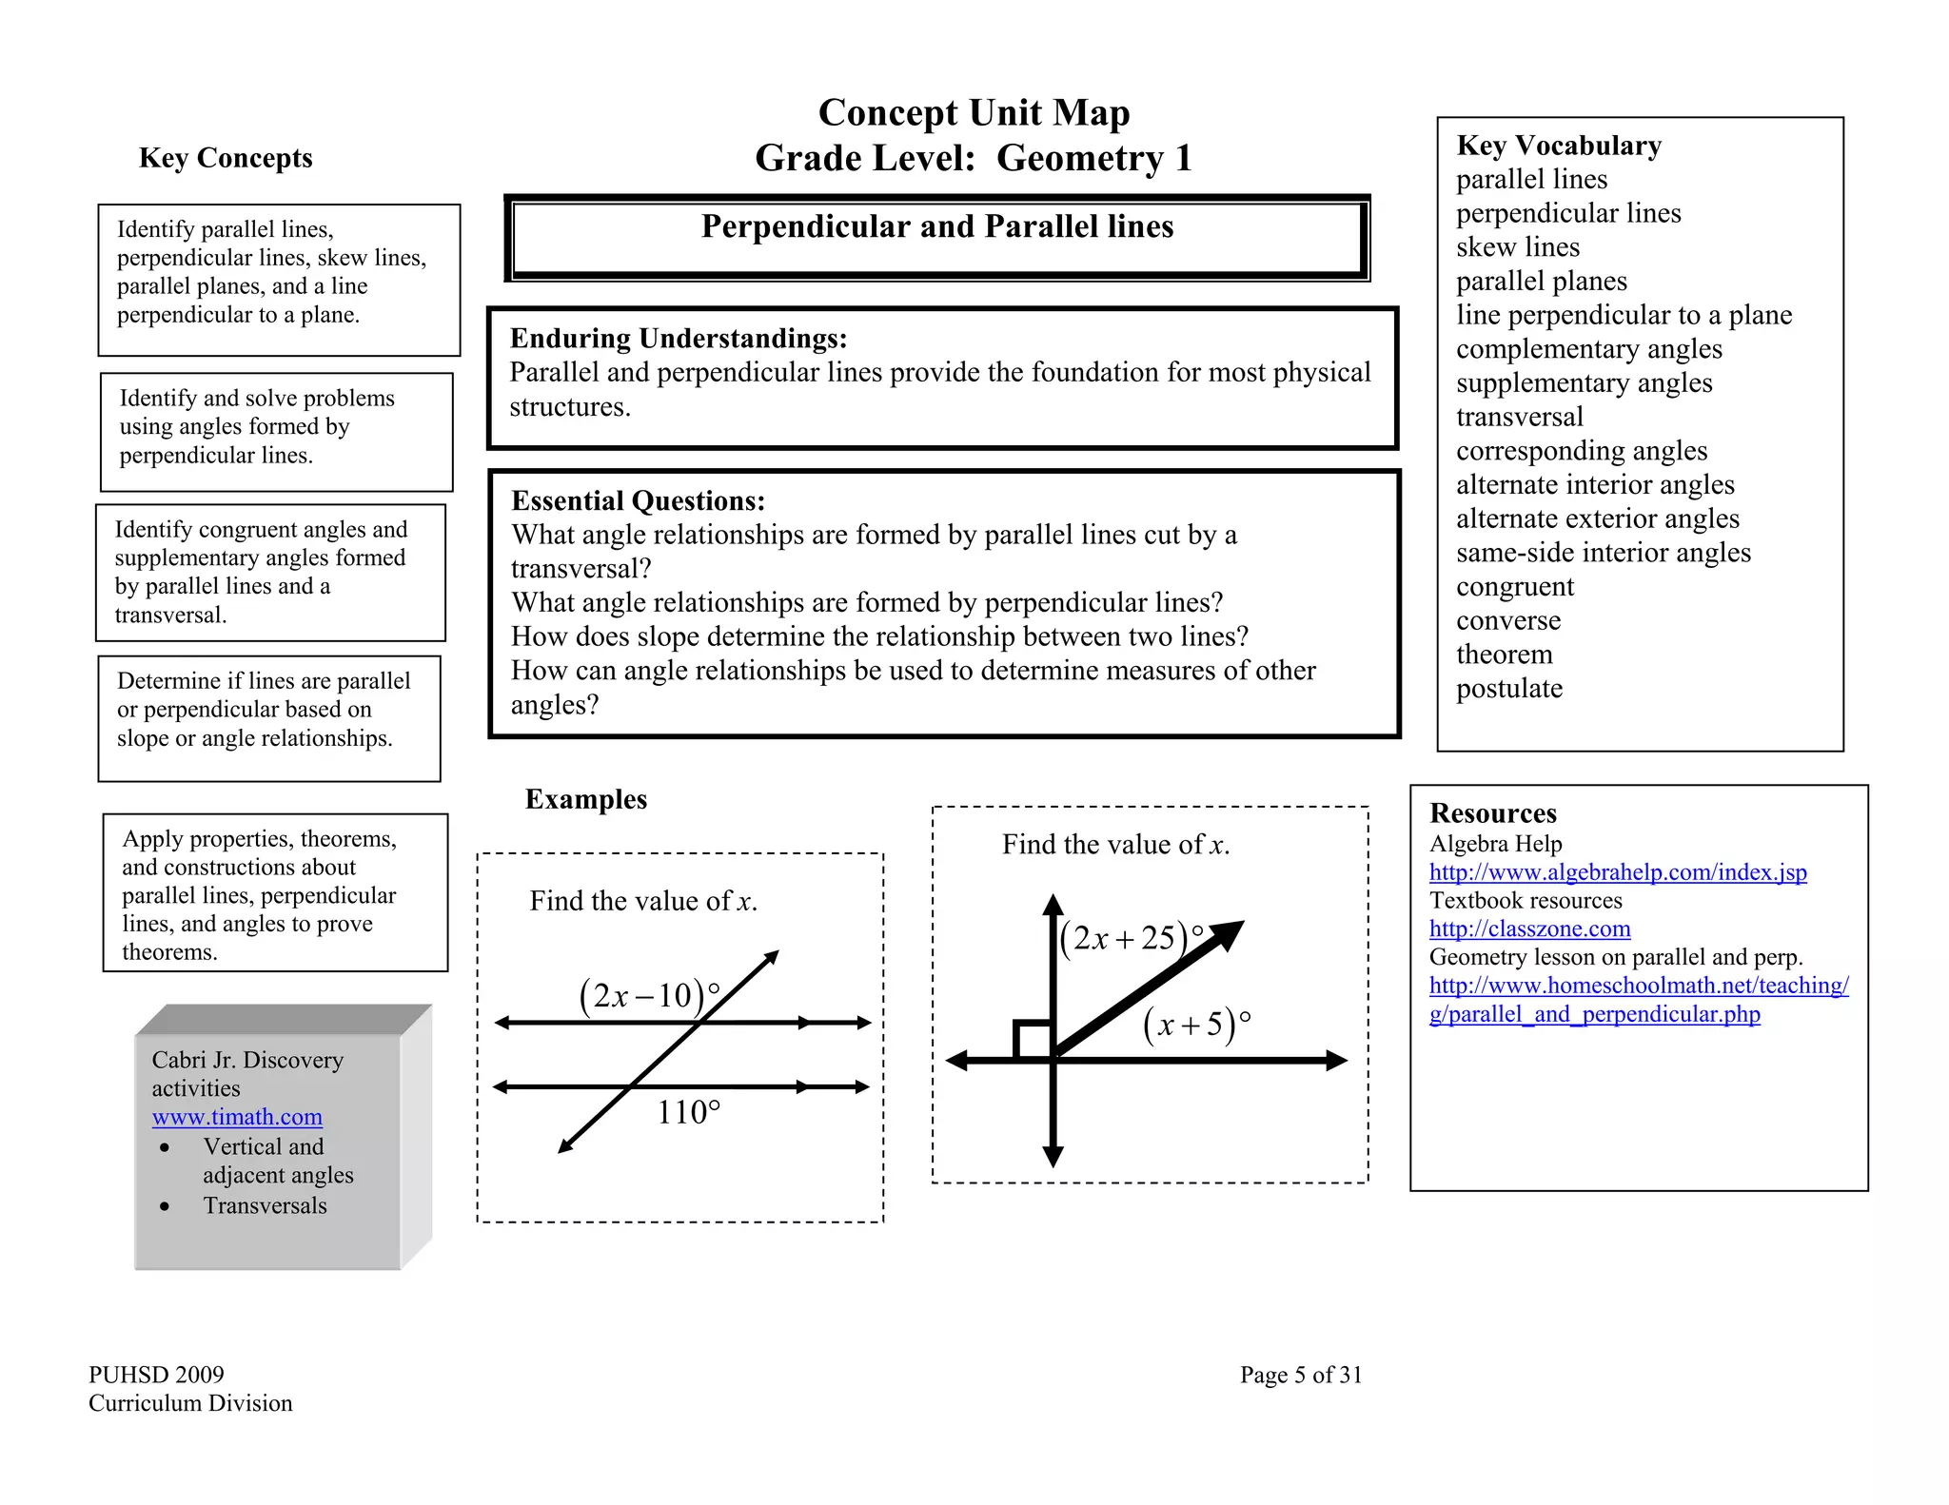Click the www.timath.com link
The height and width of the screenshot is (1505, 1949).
point(237,1117)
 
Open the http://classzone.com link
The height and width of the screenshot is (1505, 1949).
point(1529,928)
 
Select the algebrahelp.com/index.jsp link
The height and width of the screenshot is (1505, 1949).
point(1618,872)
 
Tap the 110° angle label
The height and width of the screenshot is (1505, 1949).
point(689,1112)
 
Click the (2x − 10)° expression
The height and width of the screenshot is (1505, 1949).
point(649,996)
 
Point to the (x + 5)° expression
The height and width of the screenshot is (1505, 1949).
point(1196,1024)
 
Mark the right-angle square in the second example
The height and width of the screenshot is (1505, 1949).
point(1033,1040)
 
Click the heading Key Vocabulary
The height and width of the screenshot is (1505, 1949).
point(1559,146)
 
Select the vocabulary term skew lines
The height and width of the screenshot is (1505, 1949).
point(1518,247)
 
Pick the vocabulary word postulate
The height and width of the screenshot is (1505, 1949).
point(1509,689)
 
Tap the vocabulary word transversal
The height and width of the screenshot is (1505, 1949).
point(1520,417)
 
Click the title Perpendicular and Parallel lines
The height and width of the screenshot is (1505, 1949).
point(937,226)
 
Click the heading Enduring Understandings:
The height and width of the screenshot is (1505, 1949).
point(679,339)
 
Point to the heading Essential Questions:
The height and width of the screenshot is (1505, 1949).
point(638,501)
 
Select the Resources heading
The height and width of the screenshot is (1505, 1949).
point(1493,813)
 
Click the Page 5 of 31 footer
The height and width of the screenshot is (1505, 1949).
point(1301,1375)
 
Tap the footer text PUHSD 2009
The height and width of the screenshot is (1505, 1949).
point(156,1375)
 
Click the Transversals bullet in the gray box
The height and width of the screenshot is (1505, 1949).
point(265,1205)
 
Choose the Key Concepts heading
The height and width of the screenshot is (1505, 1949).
point(226,158)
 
